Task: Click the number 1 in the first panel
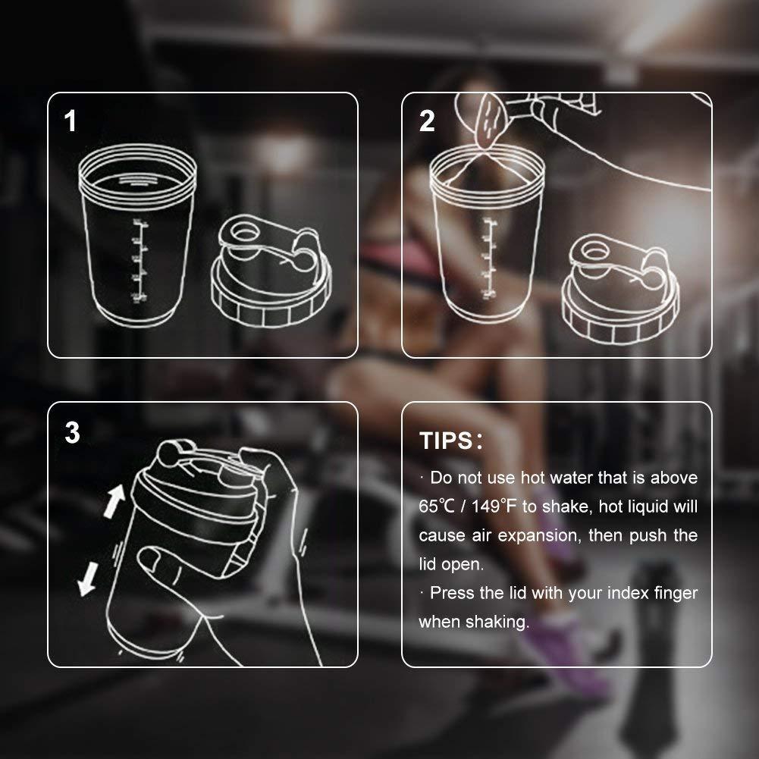tap(71, 121)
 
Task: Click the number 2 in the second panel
tap(427, 121)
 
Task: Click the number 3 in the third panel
tap(72, 433)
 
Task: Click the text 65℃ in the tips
tap(435, 507)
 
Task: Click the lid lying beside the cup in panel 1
tap(270, 277)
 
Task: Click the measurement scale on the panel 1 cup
tap(138, 262)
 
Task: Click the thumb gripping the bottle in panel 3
tap(159, 561)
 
